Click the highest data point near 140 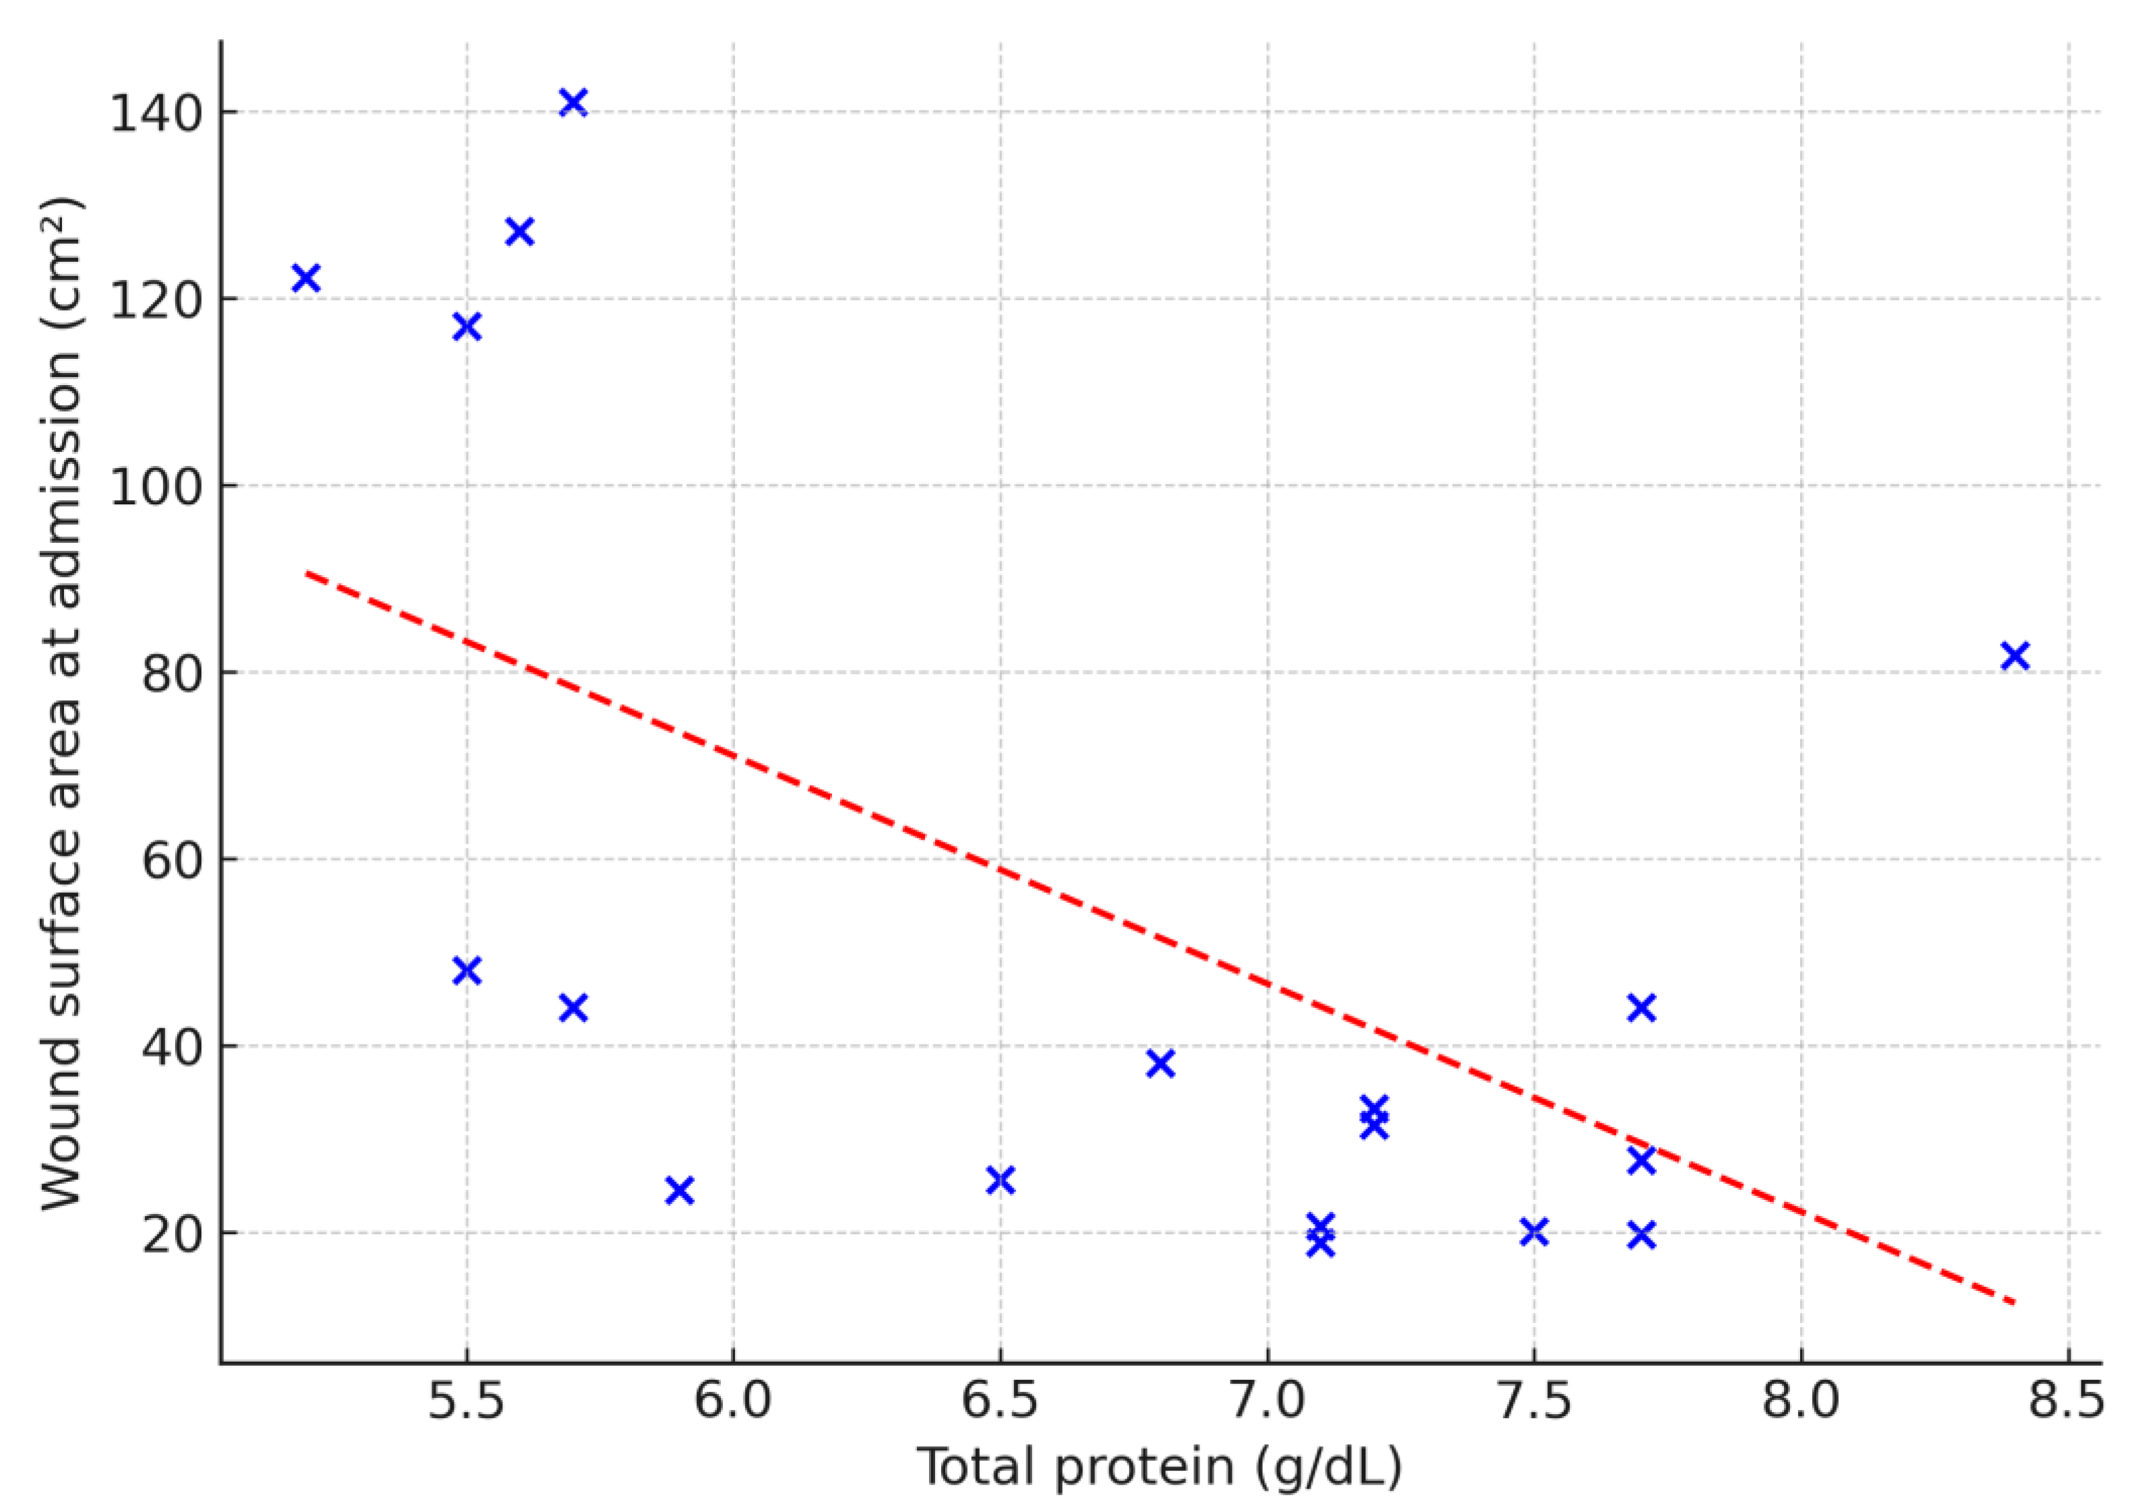(573, 102)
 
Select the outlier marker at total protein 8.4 (2014, 656)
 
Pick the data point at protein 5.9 (680, 1191)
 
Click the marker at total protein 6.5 (1000, 1180)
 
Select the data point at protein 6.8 (1160, 1063)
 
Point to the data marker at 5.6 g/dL (519, 231)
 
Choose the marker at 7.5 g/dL (1534, 1232)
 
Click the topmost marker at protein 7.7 (1642, 1007)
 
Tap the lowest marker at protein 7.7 (1642, 1236)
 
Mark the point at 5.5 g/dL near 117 (467, 327)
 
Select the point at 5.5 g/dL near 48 (467, 970)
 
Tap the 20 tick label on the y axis (172, 1234)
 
